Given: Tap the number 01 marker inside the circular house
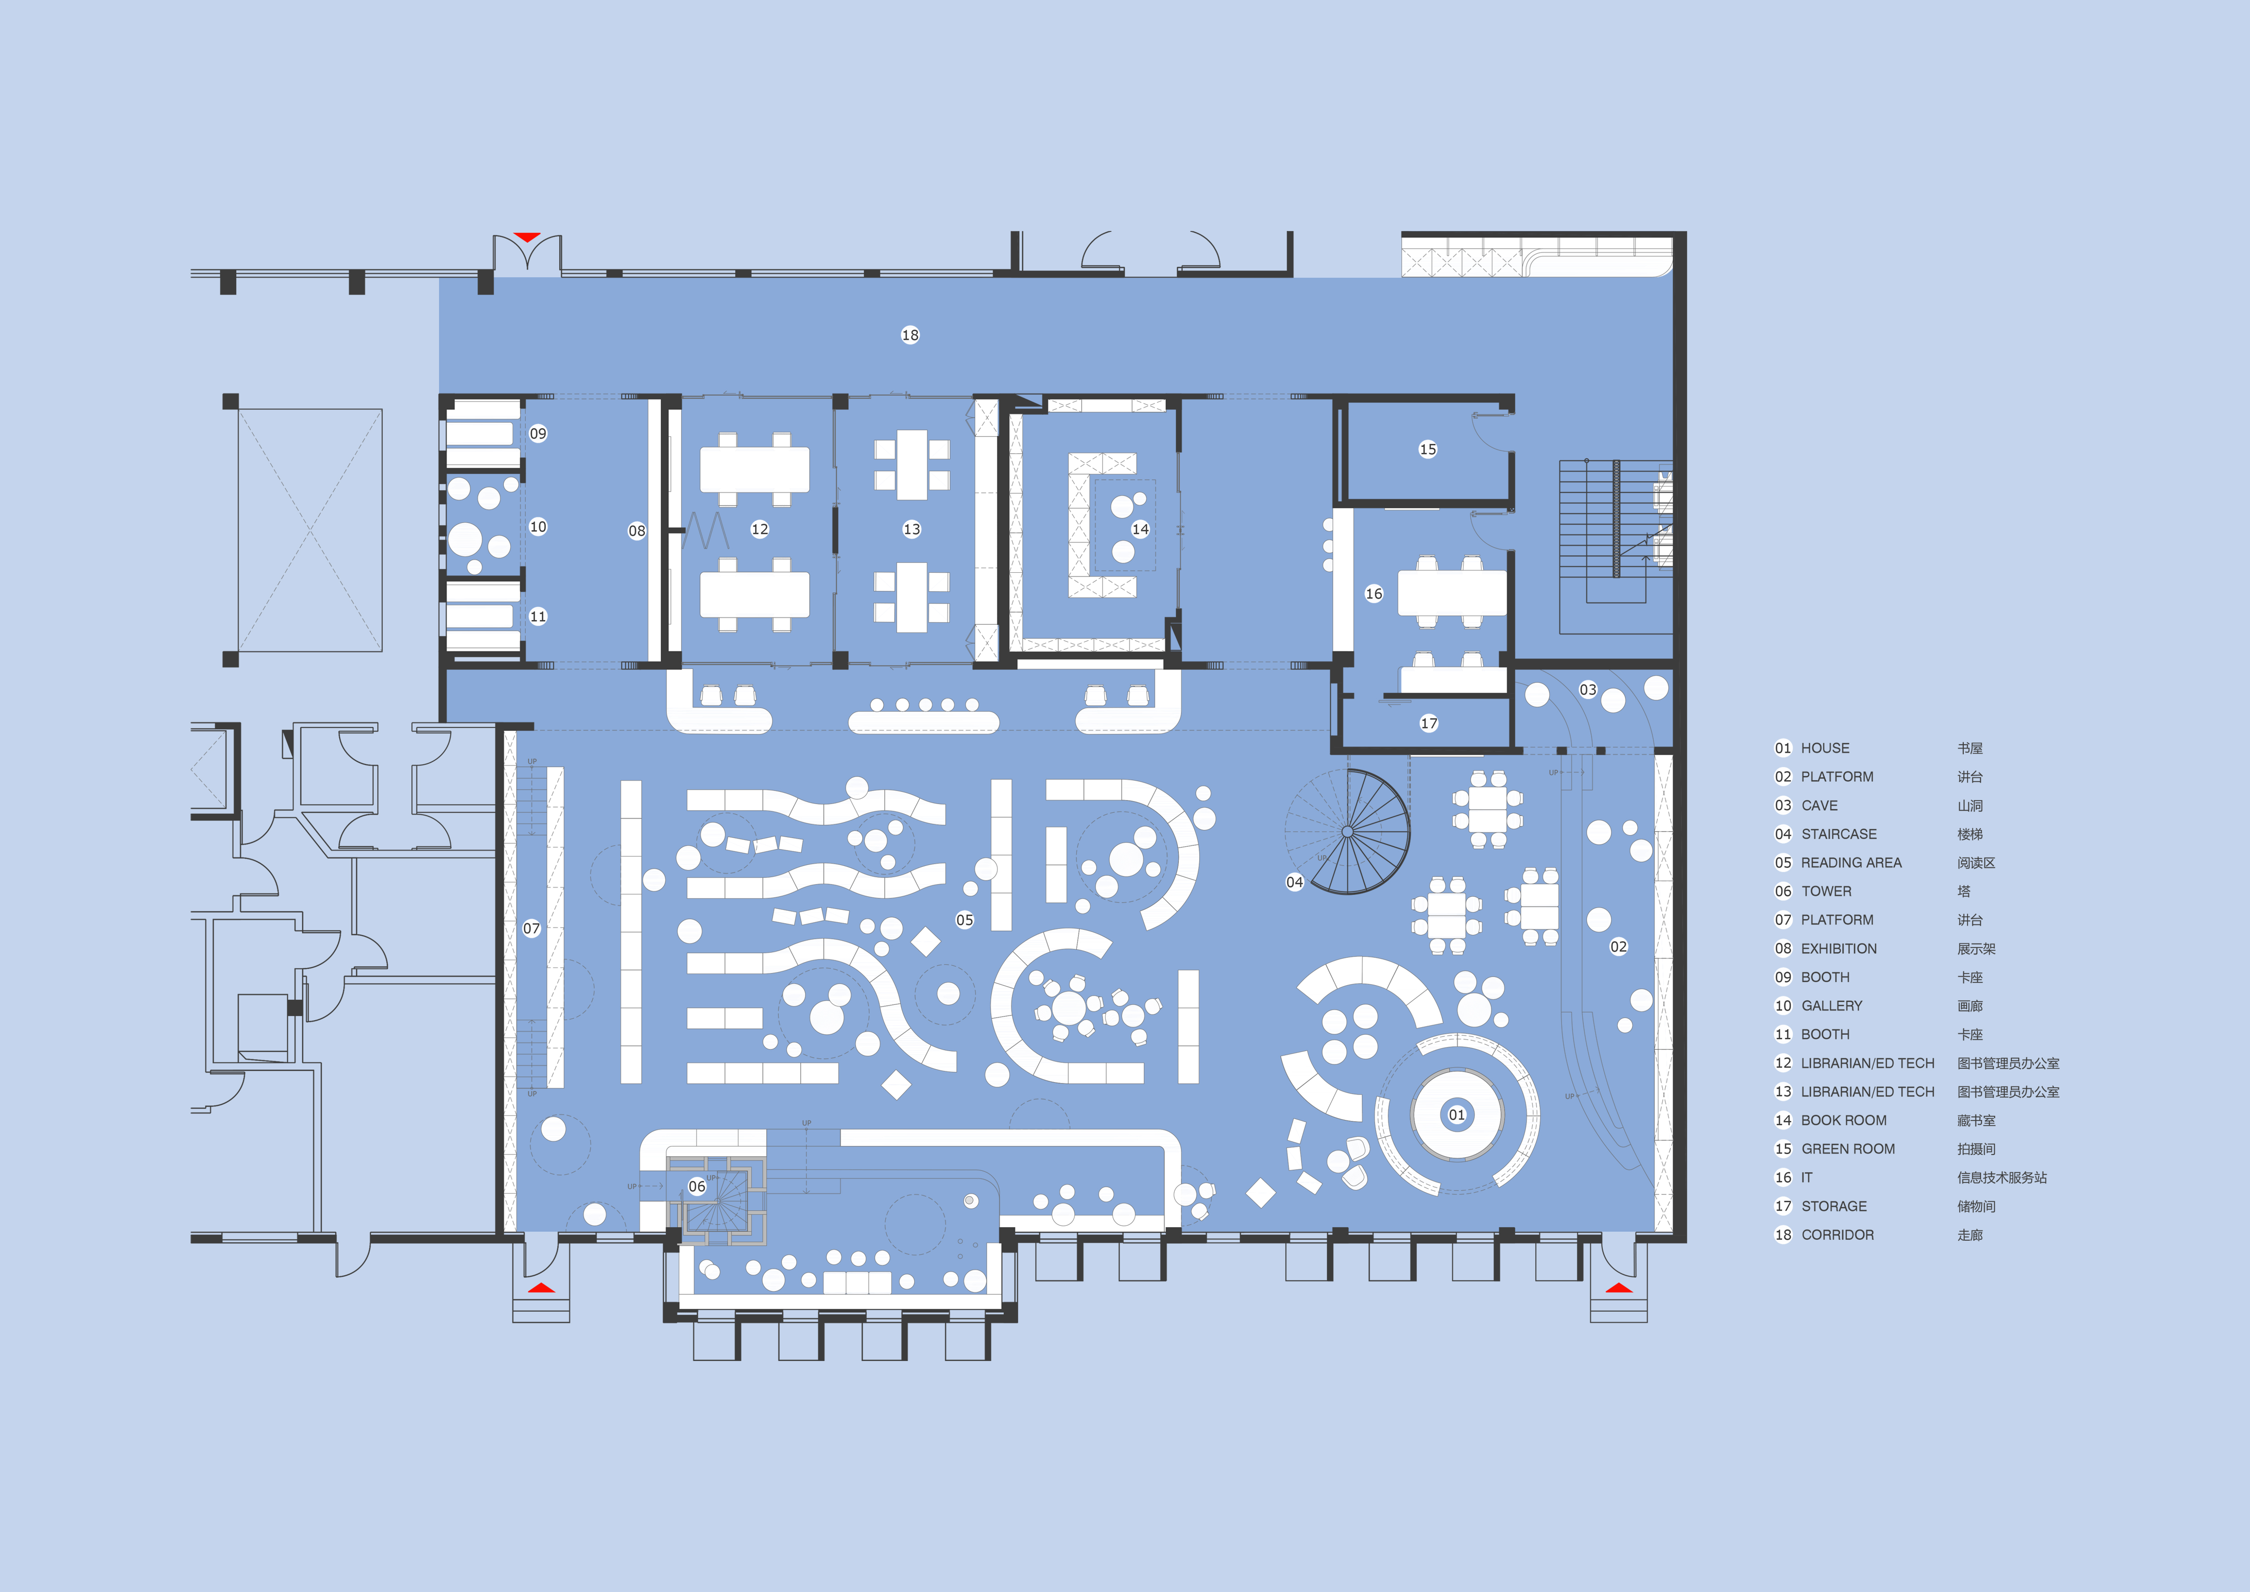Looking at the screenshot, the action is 1457,1115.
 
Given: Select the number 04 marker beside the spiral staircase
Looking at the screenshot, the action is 1294,882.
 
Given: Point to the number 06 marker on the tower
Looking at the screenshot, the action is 697,1186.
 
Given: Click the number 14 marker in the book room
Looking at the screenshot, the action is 1141,529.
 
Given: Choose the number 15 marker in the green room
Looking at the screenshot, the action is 1428,449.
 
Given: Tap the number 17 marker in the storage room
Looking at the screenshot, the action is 1429,723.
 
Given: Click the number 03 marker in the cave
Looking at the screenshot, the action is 1587,690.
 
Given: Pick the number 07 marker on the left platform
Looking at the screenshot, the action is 531,929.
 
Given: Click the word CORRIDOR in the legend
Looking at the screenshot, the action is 1837,1235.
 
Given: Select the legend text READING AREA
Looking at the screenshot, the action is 1851,863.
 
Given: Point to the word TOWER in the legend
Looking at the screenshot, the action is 1827,891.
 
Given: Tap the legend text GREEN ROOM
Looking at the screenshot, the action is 1848,1149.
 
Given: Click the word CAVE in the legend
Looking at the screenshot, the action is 1820,806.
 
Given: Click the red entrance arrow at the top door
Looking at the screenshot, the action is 527,237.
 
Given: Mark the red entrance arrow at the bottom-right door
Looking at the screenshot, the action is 1619,1288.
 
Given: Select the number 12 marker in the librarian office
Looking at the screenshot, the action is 760,529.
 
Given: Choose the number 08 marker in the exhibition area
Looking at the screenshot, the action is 637,531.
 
